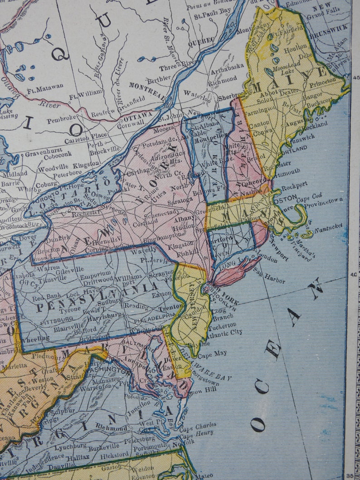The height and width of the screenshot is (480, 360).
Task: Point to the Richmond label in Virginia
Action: (111, 427)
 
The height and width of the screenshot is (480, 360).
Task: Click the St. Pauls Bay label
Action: (209, 17)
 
